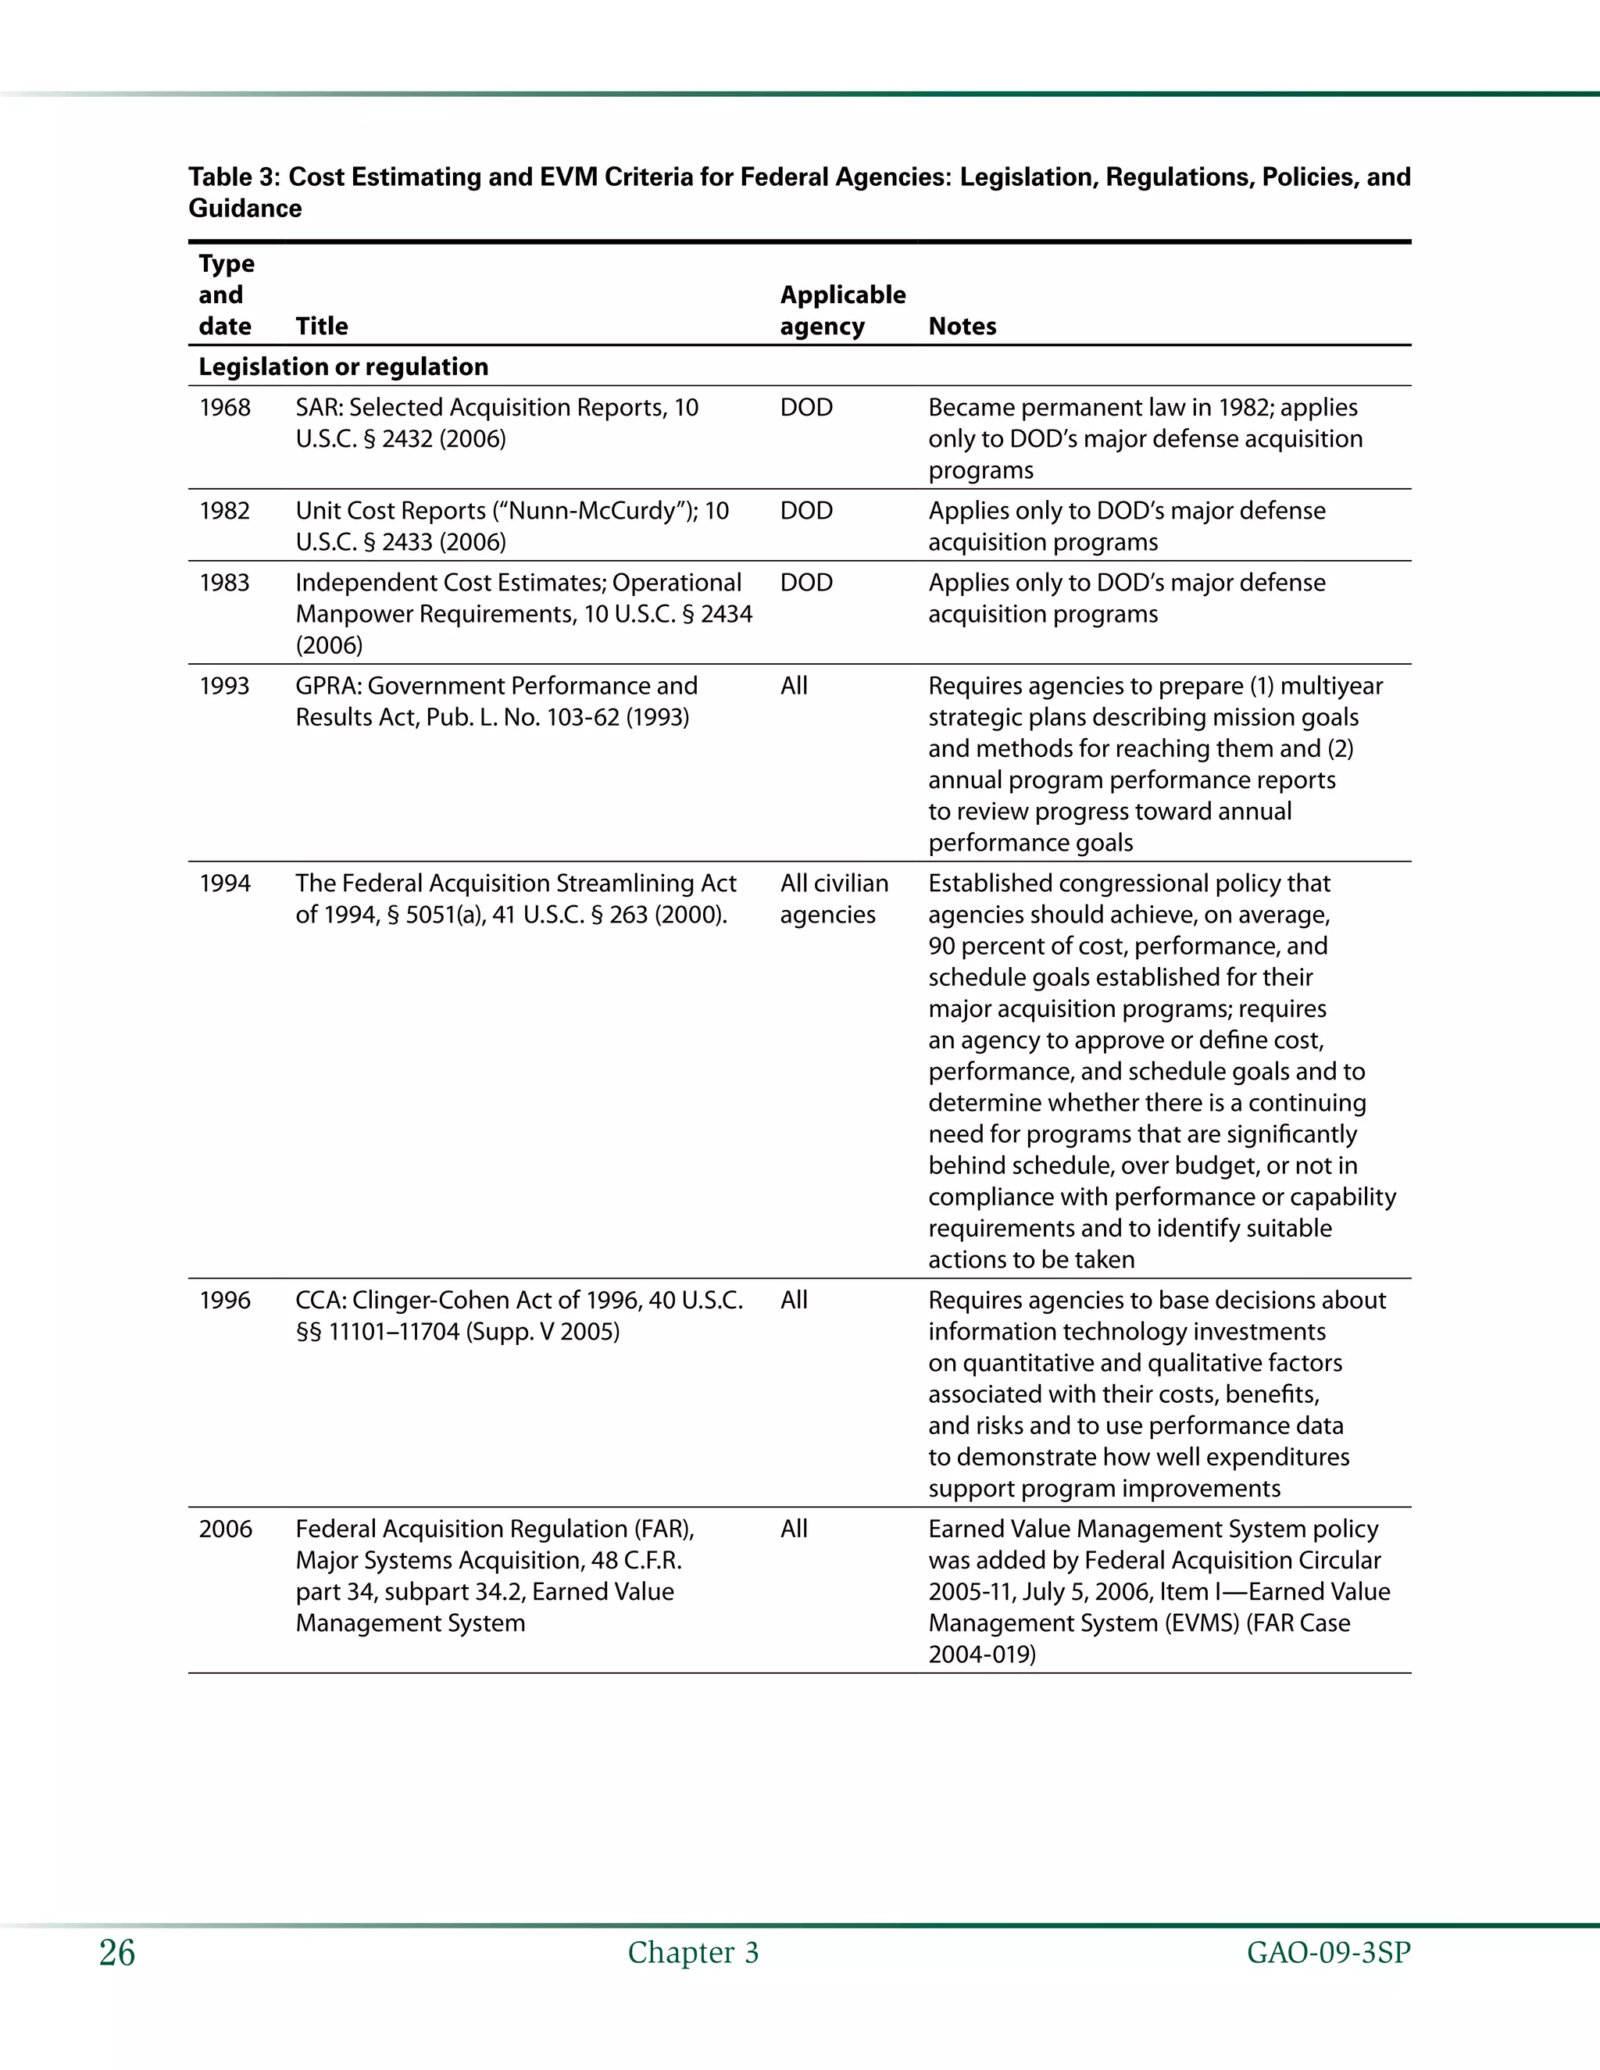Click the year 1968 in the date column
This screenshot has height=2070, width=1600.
(x=225, y=408)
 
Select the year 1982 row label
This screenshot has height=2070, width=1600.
(x=225, y=511)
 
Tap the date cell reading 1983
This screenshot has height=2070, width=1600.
(x=225, y=583)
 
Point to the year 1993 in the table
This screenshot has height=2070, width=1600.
(x=225, y=686)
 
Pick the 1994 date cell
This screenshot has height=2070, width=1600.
(x=225, y=883)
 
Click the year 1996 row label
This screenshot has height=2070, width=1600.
(x=225, y=1301)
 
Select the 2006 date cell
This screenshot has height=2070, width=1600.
(x=226, y=1529)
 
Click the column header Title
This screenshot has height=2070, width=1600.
(x=321, y=326)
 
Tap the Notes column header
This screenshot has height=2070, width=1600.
(x=962, y=326)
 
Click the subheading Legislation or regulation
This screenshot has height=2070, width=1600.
(x=343, y=367)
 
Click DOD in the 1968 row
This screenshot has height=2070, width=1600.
(x=805, y=408)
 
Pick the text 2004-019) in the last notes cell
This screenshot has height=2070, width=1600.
(x=982, y=1655)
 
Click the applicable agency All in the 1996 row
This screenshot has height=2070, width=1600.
(x=794, y=1301)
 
